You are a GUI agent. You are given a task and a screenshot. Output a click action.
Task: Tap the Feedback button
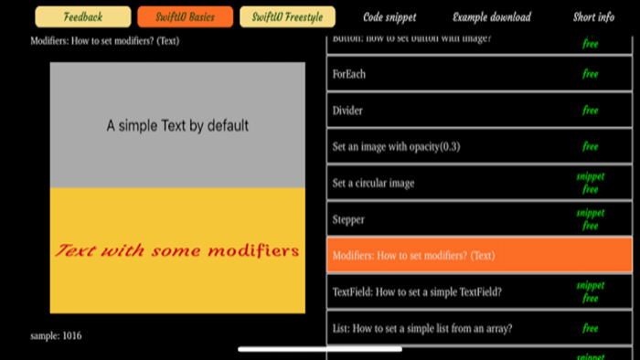[83, 16]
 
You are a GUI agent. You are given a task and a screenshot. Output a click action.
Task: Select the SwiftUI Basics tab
[185, 16]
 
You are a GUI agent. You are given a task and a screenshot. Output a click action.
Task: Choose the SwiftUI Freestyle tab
[287, 16]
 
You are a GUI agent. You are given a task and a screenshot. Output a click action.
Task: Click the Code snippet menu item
[389, 16]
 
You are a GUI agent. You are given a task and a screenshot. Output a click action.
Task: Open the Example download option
[491, 16]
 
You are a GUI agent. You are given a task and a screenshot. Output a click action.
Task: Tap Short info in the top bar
[593, 16]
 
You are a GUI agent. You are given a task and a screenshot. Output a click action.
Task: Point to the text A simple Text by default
[177, 126]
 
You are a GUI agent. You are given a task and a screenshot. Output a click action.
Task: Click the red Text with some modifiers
[177, 249]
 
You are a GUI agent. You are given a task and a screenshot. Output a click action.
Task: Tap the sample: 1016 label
[56, 336]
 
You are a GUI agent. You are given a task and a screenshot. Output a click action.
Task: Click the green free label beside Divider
[590, 111]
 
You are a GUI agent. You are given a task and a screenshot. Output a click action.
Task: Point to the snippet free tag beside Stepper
[590, 219]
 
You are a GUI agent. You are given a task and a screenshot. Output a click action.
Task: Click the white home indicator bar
[319, 348]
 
